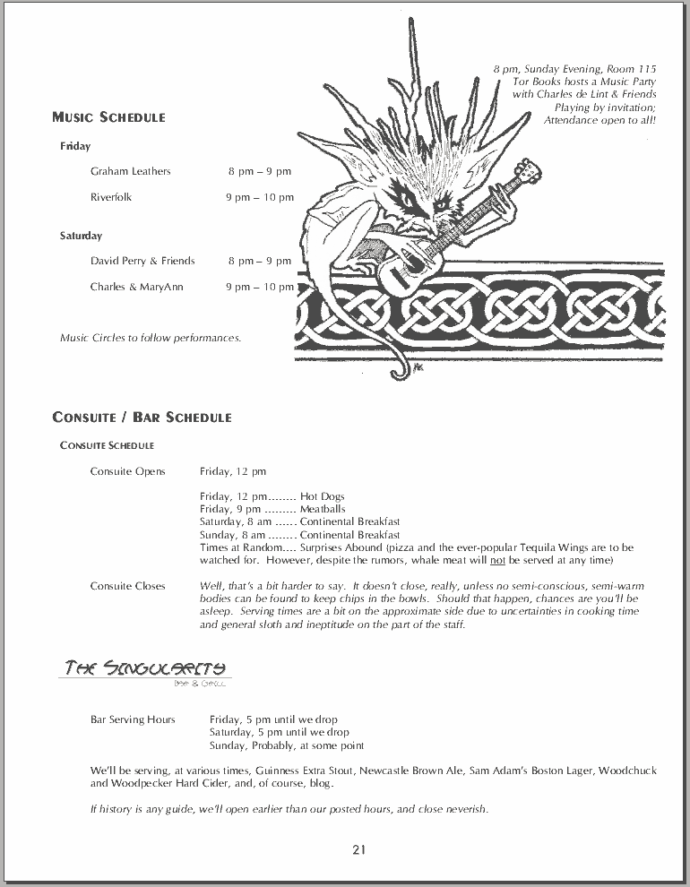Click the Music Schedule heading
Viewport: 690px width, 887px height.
point(108,117)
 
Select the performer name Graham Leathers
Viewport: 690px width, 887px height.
point(130,171)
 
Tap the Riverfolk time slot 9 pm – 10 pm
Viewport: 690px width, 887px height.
point(259,197)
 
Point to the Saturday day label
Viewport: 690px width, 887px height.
point(81,236)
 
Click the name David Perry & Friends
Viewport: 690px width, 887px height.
point(142,261)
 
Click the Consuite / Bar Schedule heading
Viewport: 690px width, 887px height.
point(142,418)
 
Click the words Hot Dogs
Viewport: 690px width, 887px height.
point(322,496)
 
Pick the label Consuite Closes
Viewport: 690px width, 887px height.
point(127,586)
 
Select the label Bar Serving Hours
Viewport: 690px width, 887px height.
point(133,719)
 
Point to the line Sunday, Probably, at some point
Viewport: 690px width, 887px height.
point(287,745)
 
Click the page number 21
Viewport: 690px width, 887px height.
point(358,850)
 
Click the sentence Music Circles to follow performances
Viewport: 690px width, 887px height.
point(151,338)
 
